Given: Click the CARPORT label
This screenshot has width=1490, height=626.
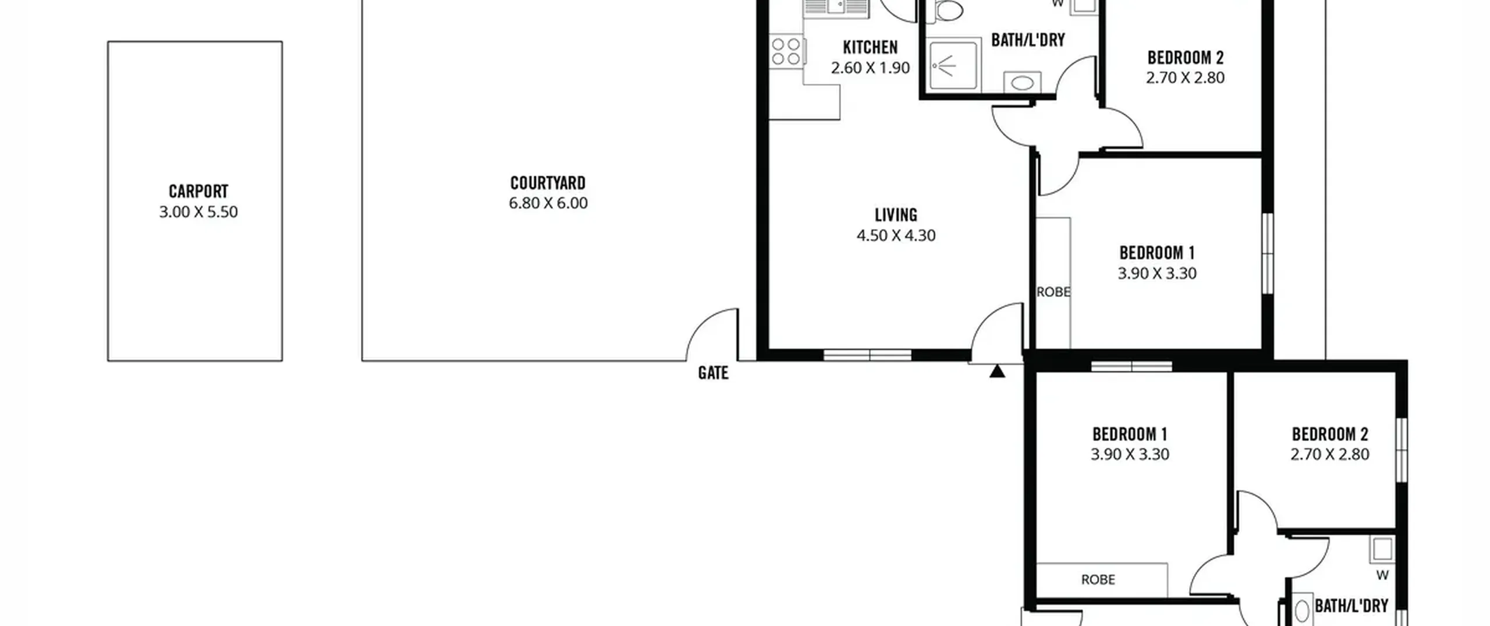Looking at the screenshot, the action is pyautogui.click(x=198, y=191).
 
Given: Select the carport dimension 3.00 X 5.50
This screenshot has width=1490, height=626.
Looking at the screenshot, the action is pyautogui.click(x=198, y=211).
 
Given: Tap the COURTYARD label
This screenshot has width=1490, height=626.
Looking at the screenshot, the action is pyautogui.click(x=548, y=183).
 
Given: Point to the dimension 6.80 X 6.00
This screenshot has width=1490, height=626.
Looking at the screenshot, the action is pyautogui.click(x=548, y=203).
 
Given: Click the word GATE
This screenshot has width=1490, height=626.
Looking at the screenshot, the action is pyautogui.click(x=713, y=373).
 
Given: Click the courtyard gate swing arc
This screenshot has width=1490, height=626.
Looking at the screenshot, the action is pyautogui.click(x=701, y=323).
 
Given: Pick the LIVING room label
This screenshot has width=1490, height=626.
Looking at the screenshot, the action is pyautogui.click(x=896, y=215).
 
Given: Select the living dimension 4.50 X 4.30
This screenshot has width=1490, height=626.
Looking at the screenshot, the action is pyautogui.click(x=896, y=235).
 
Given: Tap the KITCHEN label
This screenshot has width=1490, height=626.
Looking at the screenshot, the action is pyautogui.click(x=870, y=47).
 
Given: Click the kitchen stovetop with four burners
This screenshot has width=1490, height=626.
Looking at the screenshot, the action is pyautogui.click(x=786, y=51).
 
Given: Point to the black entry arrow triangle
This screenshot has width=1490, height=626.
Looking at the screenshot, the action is pyautogui.click(x=997, y=371).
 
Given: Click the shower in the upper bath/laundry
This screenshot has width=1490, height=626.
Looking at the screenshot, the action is pyautogui.click(x=952, y=65).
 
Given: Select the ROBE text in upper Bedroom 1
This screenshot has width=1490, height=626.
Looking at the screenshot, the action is pyautogui.click(x=1053, y=292).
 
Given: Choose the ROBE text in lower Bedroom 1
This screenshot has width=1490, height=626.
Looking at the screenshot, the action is pyautogui.click(x=1098, y=579).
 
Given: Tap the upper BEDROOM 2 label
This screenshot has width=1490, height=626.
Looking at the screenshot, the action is pyautogui.click(x=1186, y=58).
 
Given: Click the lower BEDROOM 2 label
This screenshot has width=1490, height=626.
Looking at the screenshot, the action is pyautogui.click(x=1330, y=434).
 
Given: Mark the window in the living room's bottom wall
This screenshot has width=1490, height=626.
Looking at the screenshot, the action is pyautogui.click(x=868, y=355).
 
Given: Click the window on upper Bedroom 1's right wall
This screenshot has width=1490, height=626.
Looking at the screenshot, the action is pyautogui.click(x=1267, y=253).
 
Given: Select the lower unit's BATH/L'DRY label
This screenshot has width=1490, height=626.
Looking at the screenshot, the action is pyautogui.click(x=1351, y=606).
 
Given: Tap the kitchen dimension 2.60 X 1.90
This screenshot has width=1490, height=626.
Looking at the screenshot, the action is pyautogui.click(x=870, y=68).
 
